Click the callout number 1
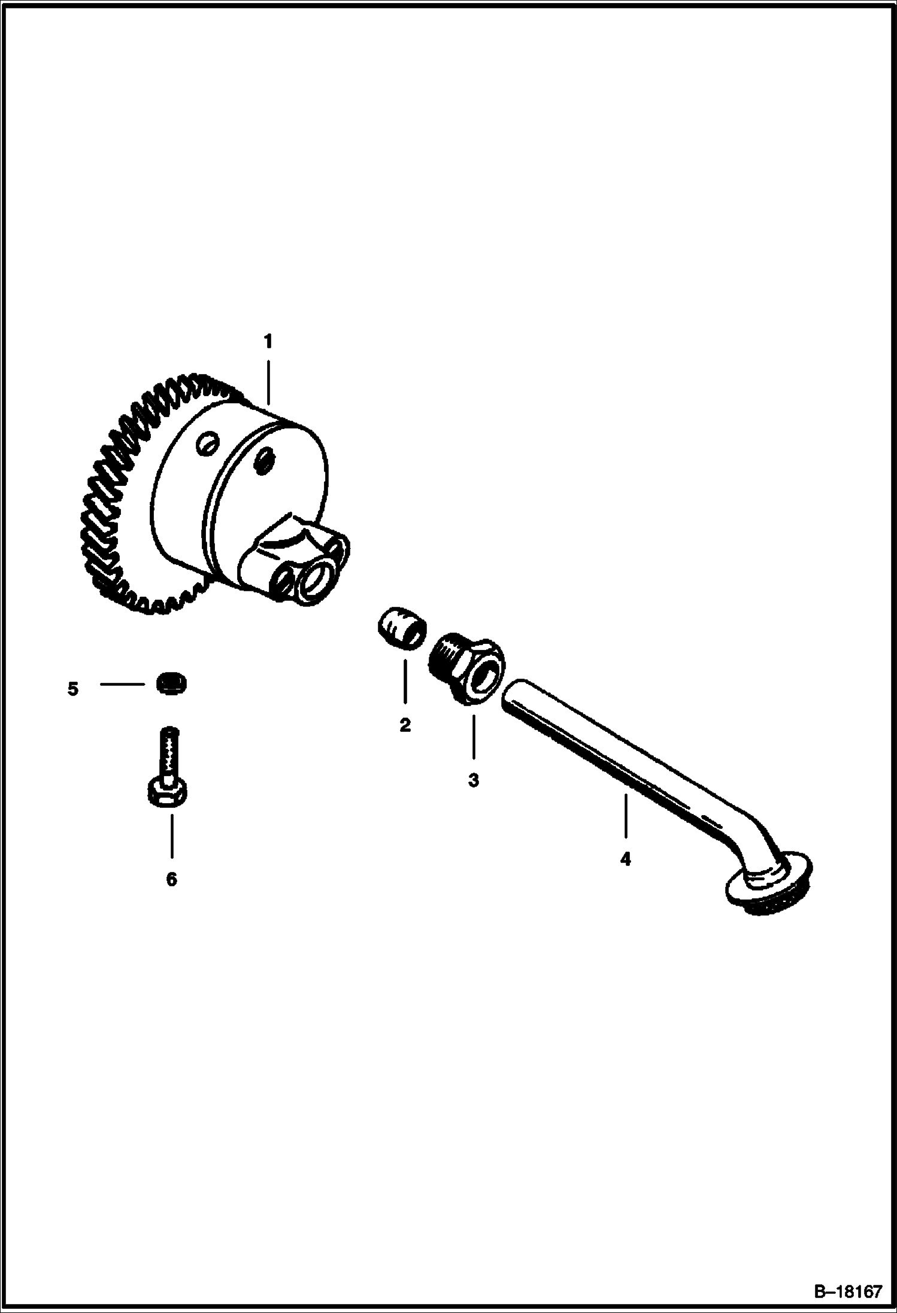(268, 342)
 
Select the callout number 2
(405, 725)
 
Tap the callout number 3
(473, 780)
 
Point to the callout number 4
(625, 860)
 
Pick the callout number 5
(73, 689)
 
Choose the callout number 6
(171, 879)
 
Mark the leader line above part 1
(268, 382)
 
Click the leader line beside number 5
(123, 683)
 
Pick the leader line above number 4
(626, 816)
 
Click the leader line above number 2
(405, 682)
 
